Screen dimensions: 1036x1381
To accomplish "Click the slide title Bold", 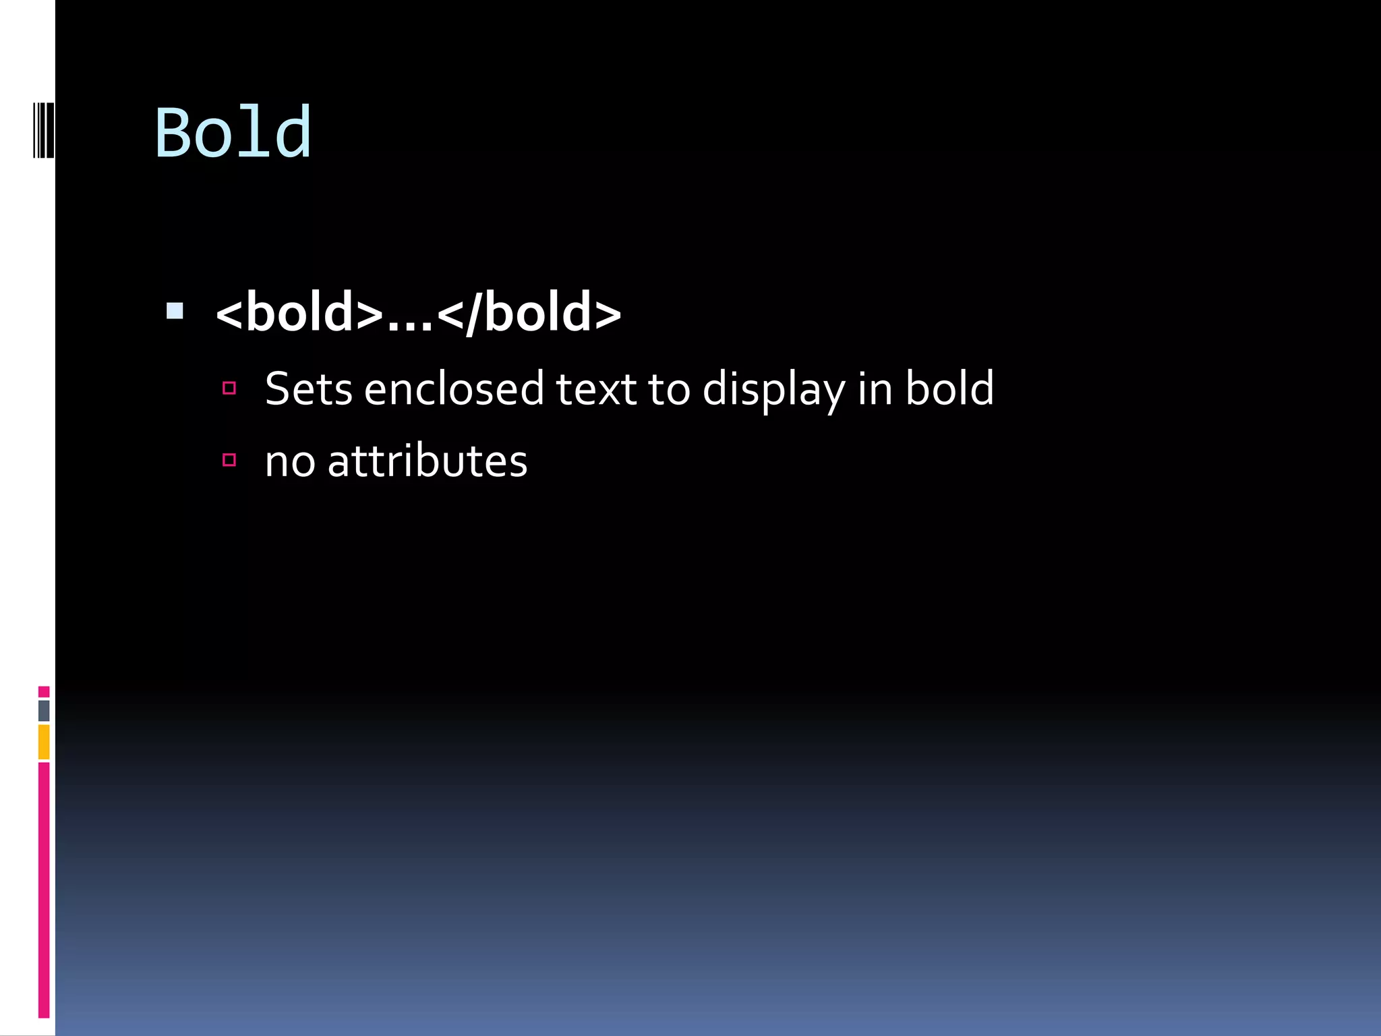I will click(x=233, y=133).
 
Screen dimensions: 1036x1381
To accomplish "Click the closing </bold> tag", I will click(x=529, y=312).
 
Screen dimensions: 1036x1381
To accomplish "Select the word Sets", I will click(x=308, y=389).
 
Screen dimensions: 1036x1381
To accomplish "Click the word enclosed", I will click(x=453, y=389).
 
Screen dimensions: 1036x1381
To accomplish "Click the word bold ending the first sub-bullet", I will click(x=949, y=388).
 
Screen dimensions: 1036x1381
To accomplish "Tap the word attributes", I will click(x=428, y=462).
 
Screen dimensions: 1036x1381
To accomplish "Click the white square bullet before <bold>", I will click(x=175, y=311).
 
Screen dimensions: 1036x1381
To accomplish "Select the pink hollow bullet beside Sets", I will click(x=229, y=388).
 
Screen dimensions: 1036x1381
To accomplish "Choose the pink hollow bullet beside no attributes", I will click(x=229, y=460).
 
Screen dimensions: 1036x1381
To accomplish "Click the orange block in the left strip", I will click(x=44, y=742).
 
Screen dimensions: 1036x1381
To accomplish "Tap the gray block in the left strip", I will click(x=44, y=710).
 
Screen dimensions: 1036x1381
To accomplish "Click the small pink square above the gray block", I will click(x=44, y=691).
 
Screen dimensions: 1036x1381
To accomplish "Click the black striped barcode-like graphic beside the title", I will click(x=43, y=130).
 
